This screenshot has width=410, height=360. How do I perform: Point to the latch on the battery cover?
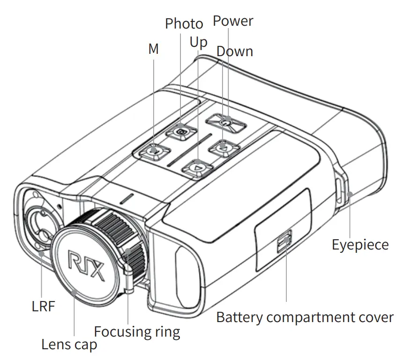[284, 242]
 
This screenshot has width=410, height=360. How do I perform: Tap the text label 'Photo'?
[184, 24]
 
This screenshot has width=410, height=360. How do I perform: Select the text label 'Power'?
[233, 21]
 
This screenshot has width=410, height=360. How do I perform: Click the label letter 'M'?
[153, 49]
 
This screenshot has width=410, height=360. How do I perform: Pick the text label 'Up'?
[198, 43]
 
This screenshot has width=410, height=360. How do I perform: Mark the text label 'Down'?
[235, 51]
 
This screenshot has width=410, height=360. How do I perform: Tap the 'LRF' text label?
[43, 307]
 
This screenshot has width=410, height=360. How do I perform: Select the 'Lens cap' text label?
[69, 345]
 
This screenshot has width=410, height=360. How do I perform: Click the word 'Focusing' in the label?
[121, 332]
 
